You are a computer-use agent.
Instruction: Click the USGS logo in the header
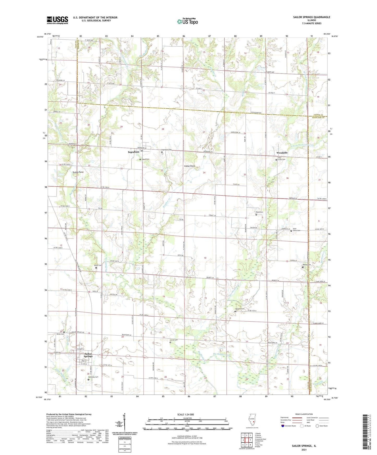coord(57,20)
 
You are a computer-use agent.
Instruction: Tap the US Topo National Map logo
coord(187,21)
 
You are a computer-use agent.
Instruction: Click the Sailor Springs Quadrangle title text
coord(311,17)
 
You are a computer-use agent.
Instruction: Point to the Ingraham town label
coord(134,152)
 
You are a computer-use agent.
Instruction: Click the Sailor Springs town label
coord(88,355)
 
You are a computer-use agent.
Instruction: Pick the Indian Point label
coord(189,166)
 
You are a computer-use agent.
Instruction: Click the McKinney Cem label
coord(93,377)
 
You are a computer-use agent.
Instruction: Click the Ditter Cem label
coord(98,265)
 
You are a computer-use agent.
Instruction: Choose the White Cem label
coord(60,334)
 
